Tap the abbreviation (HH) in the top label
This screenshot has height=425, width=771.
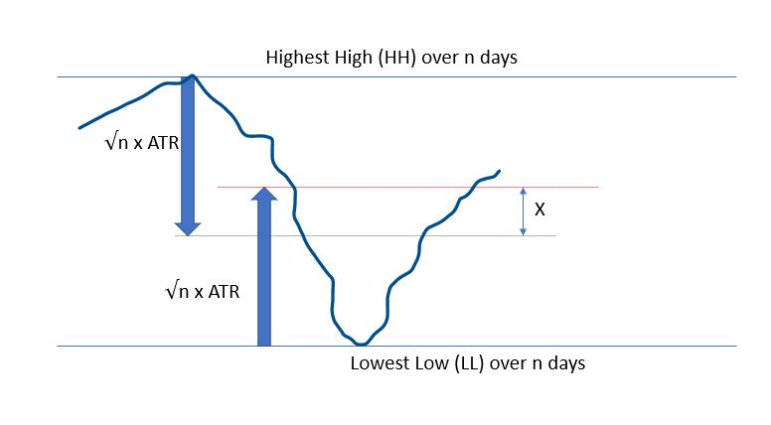[397, 58]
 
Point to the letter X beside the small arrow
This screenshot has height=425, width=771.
[540, 210]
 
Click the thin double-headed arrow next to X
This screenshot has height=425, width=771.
[524, 212]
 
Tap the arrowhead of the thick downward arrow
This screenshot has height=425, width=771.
[188, 229]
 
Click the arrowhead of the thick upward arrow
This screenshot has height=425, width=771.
[264, 194]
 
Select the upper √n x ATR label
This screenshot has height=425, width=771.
[142, 142]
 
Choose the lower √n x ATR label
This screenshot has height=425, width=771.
[203, 291]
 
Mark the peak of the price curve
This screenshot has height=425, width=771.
[193, 76]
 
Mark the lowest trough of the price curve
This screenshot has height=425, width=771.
[362, 344]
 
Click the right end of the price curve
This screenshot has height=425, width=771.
[499, 171]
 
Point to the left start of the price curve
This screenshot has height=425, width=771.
[79, 128]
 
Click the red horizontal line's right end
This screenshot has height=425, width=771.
[598, 188]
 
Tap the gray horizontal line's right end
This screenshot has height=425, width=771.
[555, 236]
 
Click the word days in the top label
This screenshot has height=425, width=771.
[499, 58]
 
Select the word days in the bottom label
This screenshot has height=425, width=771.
[566, 363]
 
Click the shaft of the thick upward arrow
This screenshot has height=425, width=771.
[264, 273]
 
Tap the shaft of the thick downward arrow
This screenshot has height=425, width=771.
[188, 150]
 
